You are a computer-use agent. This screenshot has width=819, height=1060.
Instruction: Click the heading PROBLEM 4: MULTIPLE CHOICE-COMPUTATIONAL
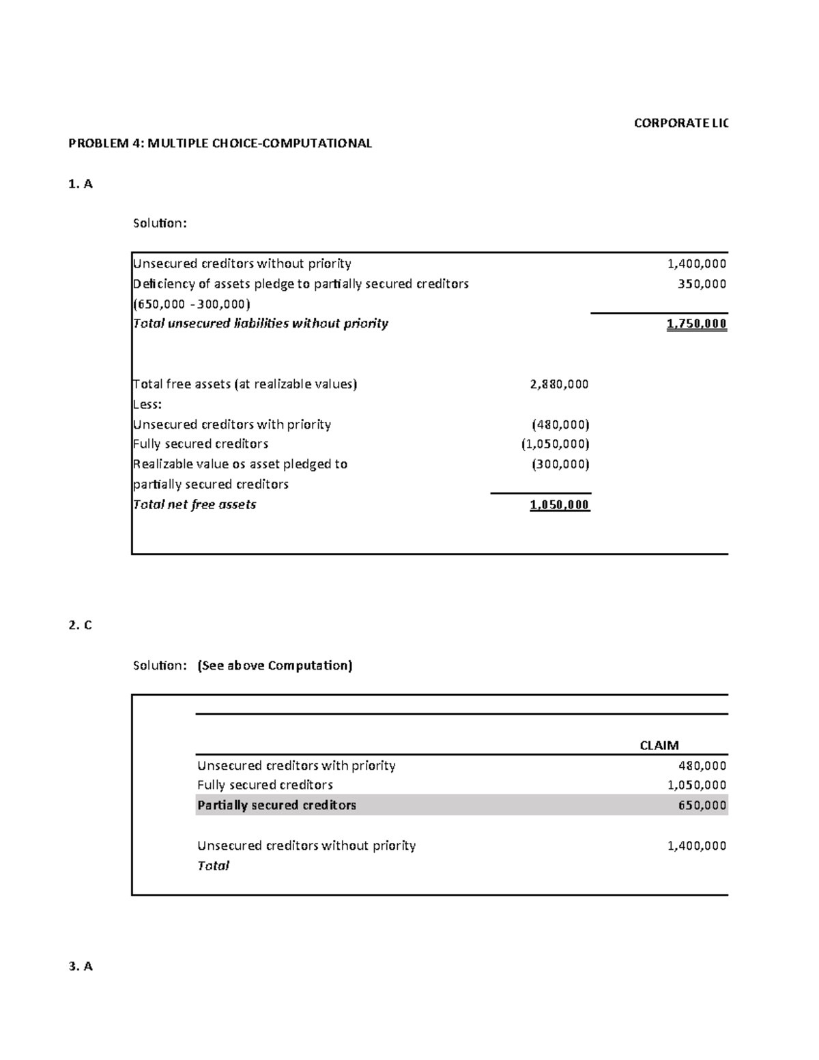220,143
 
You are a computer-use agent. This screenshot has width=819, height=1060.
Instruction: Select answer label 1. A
81,184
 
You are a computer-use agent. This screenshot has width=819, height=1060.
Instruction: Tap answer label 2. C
81,625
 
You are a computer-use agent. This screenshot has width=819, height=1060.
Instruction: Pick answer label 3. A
81,966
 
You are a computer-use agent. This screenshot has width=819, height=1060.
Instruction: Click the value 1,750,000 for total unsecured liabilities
696,324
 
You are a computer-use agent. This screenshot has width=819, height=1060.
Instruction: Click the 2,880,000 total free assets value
559,384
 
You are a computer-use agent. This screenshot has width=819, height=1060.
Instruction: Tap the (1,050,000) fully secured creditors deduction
555,444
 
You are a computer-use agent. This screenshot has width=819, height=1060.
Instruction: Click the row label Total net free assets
195,505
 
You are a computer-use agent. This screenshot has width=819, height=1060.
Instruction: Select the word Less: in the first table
147,404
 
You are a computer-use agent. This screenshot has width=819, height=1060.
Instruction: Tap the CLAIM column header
659,745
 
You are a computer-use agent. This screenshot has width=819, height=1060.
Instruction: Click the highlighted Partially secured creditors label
276,805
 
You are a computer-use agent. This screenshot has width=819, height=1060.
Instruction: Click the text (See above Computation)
274,665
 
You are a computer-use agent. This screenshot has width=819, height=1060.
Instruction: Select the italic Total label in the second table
213,866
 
